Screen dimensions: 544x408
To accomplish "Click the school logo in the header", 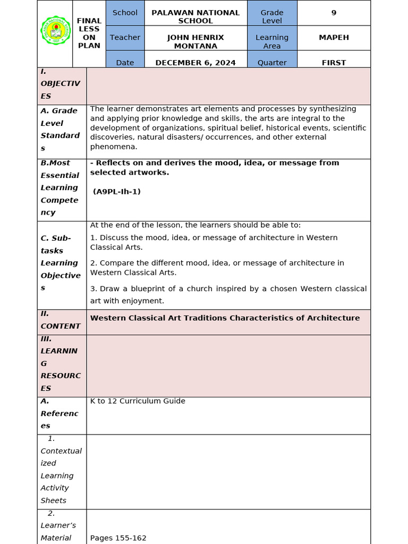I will pyautogui.click(x=55, y=33).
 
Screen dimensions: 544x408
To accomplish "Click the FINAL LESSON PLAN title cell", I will pyautogui.click(x=89, y=33).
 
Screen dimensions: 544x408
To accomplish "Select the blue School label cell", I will pyautogui.click(x=125, y=13).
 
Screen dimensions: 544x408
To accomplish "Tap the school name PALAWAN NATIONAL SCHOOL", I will pyautogui.click(x=195, y=16).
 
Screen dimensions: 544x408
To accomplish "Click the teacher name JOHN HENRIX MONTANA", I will pyautogui.click(x=195, y=41).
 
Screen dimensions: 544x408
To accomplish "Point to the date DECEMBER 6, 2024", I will pyautogui.click(x=195, y=63).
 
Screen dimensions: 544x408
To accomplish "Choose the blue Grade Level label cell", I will pyautogui.click(x=272, y=16).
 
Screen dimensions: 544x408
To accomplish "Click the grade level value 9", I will pyautogui.click(x=334, y=13).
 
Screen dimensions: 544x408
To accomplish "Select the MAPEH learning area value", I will pyautogui.click(x=334, y=38).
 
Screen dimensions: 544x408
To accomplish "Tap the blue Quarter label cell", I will pyautogui.click(x=272, y=63).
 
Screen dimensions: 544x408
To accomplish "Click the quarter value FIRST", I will pyautogui.click(x=334, y=63).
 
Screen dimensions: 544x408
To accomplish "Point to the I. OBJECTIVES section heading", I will pyautogui.click(x=60, y=84).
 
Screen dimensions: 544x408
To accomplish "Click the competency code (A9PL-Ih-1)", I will pyautogui.click(x=117, y=192).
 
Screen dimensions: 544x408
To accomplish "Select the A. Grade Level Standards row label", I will pyautogui.click(x=60, y=129).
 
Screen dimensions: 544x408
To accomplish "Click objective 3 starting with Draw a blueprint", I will pyautogui.click(x=228, y=295).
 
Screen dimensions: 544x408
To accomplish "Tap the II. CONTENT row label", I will pyautogui.click(x=60, y=320).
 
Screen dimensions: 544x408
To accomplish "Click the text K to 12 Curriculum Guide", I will pyautogui.click(x=138, y=401).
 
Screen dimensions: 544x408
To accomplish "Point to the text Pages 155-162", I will pyautogui.click(x=118, y=538).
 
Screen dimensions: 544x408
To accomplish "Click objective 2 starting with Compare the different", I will pyautogui.click(x=217, y=268).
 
